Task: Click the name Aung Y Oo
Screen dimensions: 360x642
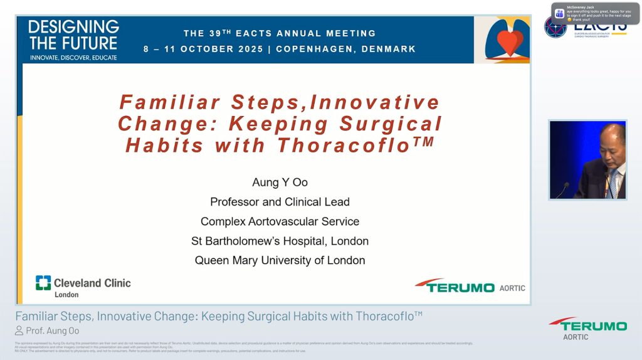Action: tap(280, 183)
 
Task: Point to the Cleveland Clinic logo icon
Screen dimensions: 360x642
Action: tap(43, 283)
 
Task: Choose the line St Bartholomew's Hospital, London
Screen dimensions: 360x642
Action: tap(280, 241)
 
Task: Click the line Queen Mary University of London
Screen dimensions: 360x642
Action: tap(280, 260)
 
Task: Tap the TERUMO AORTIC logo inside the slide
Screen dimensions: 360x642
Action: tap(470, 286)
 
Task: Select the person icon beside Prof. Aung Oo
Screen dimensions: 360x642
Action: tap(19, 331)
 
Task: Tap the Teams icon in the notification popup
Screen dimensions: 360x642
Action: tap(560, 13)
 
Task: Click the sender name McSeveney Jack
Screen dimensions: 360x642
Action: tap(581, 7)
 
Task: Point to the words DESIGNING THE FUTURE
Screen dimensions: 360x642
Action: tap(73, 34)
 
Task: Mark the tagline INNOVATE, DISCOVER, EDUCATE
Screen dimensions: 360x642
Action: tap(73, 57)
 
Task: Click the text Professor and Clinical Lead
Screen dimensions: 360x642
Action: tap(280, 202)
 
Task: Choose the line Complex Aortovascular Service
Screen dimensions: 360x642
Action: tap(280, 221)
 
